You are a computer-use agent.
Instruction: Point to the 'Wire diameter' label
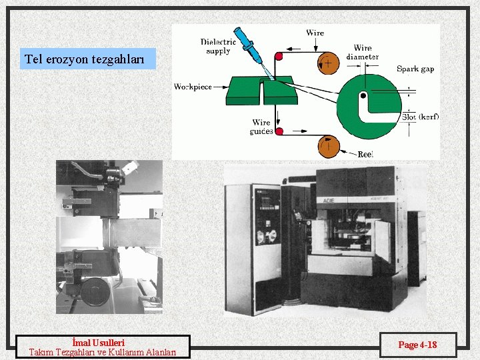[x=363, y=53]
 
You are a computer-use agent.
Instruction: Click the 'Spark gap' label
[x=415, y=69]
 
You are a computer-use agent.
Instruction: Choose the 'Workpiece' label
[x=193, y=87]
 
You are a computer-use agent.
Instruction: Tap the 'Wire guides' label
[x=261, y=127]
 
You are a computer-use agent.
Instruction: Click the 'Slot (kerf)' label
[x=420, y=117]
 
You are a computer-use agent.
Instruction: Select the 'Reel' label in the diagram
[x=365, y=154]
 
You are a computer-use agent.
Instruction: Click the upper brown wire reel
[x=329, y=63]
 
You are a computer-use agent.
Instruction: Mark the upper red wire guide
[x=278, y=57]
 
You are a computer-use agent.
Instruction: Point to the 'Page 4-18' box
[x=418, y=345]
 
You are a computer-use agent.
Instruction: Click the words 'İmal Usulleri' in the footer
[x=103, y=343]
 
